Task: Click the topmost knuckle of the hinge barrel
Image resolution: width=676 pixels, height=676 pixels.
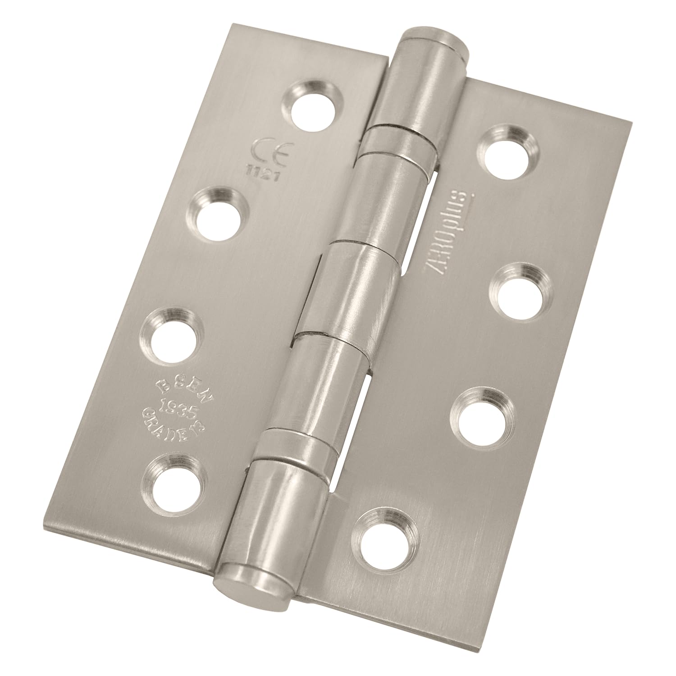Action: tap(412, 86)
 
